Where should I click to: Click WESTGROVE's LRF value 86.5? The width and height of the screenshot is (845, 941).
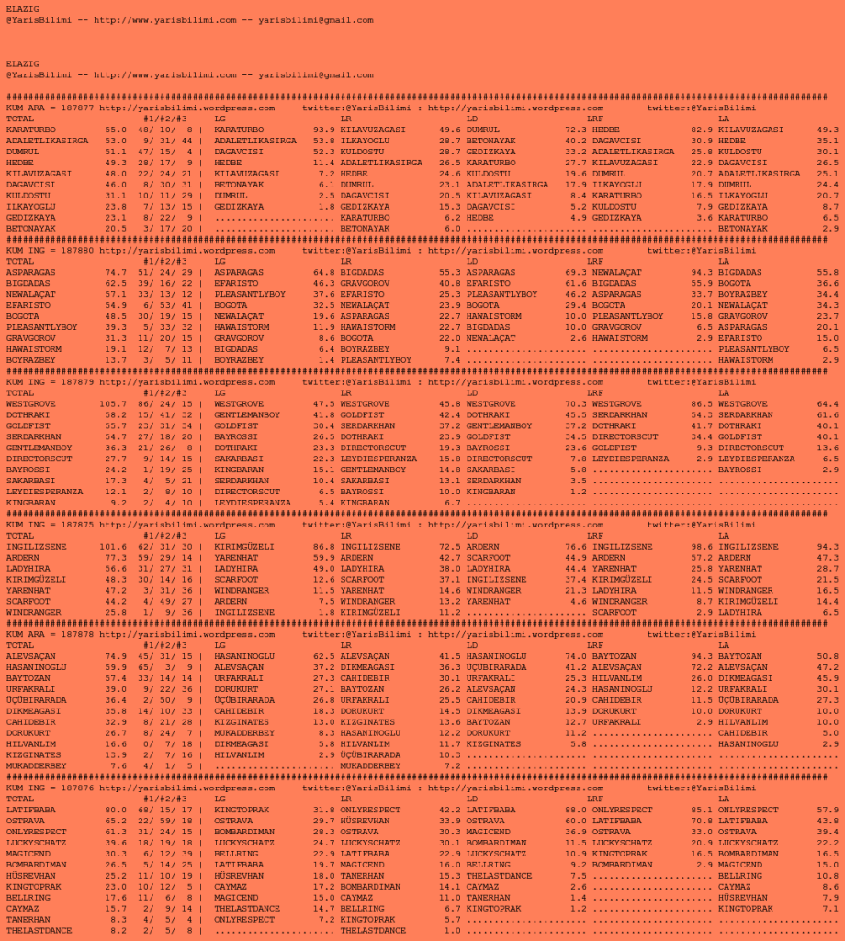tap(702, 403)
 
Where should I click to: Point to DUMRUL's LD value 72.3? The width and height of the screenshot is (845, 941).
tap(576, 130)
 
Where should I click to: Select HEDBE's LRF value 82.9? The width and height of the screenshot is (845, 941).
tap(702, 130)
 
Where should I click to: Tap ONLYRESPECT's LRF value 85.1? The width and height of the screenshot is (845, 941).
tap(702, 810)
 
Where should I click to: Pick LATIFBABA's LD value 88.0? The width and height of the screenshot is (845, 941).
tap(576, 810)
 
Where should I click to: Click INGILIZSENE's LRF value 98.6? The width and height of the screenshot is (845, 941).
tap(702, 546)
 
